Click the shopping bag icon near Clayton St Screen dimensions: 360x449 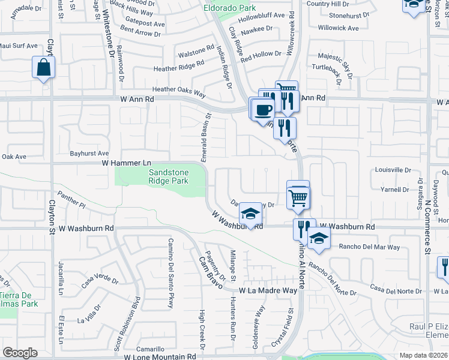pos(44,68)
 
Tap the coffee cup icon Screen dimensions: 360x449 pos(262,109)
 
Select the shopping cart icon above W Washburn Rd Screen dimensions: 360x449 pos(298,196)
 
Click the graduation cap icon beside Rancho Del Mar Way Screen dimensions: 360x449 pos(319,238)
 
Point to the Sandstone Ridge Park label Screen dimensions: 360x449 pos(169,177)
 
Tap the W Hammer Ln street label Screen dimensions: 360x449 pos(125,163)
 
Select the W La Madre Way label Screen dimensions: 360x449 pos(268,290)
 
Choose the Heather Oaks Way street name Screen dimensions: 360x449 pos(179,94)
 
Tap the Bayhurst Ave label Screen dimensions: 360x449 pos(89,154)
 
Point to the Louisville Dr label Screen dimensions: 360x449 pos(393,170)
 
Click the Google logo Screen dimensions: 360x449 pos(20,353)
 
